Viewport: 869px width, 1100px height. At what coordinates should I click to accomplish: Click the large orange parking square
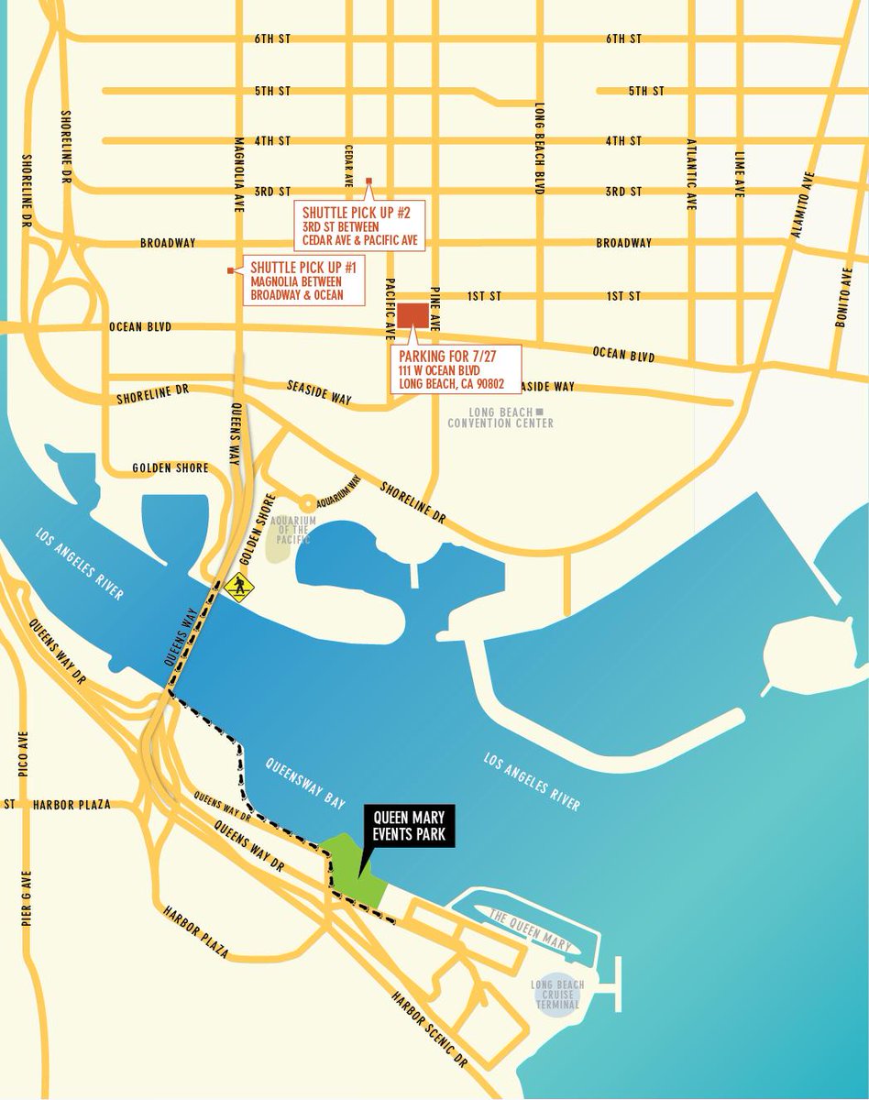point(412,314)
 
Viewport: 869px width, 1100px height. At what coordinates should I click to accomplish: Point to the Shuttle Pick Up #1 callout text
point(297,281)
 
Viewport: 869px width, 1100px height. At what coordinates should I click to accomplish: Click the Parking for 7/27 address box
point(456,369)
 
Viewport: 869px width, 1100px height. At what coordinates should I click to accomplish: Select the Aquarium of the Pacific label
point(291,531)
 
